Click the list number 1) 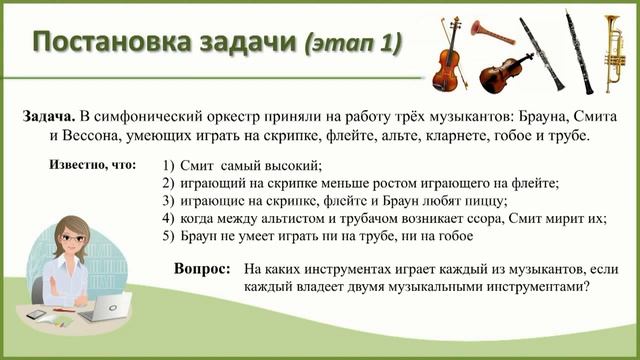tap(168, 165)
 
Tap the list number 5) tap(168, 237)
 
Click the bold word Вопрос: tap(202, 269)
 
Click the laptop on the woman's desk tap(101, 310)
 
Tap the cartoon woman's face tap(73, 239)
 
